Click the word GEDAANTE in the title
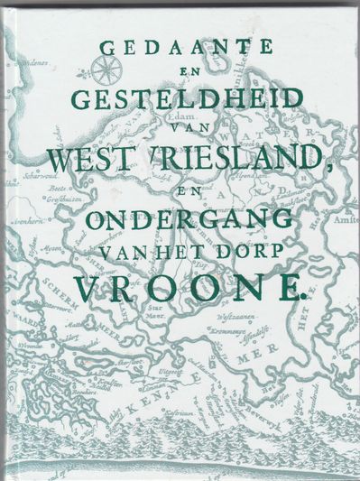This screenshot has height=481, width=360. coord(180,52)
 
